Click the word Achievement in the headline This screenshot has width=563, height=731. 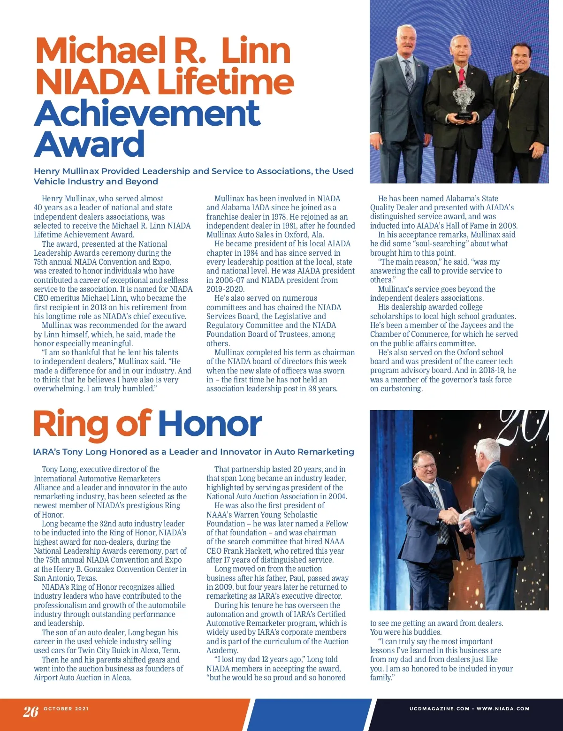coord(147,113)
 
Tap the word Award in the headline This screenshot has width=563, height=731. coord(89,144)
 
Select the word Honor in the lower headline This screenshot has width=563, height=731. coord(210,424)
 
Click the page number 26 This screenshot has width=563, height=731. coord(31,711)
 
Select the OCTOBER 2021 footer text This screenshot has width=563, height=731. coord(66,708)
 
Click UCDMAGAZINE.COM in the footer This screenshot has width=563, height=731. coord(439,708)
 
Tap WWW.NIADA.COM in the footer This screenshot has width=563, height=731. coord(503,708)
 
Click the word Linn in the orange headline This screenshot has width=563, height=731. coord(256,51)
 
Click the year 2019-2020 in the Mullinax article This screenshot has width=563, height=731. coord(225,289)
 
